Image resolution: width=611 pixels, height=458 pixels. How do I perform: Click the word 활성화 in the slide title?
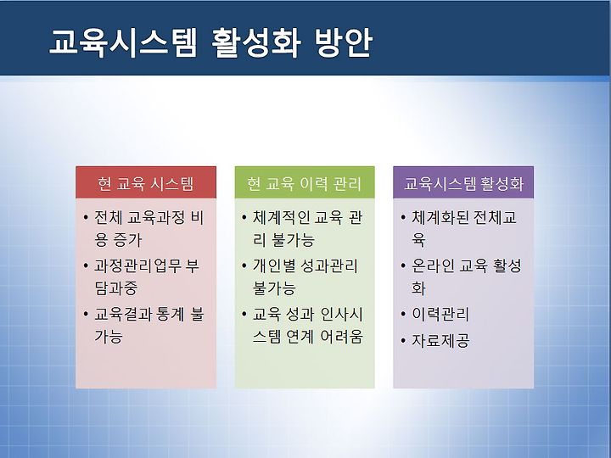tap(255, 42)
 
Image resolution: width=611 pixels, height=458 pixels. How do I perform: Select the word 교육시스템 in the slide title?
tap(123, 42)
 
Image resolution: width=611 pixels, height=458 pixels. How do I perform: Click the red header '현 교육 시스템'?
tap(146, 183)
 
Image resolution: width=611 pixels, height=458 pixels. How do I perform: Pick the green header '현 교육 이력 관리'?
tap(305, 183)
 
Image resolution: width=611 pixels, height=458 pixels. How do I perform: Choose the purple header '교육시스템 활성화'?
tap(463, 183)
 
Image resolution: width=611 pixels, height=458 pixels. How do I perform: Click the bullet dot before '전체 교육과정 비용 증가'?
tap(86, 217)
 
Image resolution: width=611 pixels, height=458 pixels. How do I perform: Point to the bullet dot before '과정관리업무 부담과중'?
tap(86, 266)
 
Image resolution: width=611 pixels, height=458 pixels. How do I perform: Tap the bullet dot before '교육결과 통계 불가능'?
tap(86, 314)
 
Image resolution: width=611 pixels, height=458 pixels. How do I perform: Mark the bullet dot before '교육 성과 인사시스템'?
tap(244, 314)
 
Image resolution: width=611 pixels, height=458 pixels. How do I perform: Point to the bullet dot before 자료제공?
tap(403, 341)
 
